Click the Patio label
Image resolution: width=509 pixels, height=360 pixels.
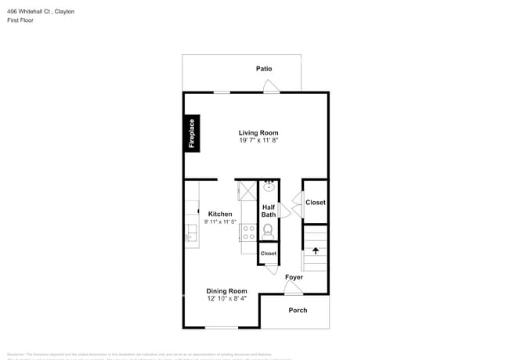pyautogui.click(x=265, y=69)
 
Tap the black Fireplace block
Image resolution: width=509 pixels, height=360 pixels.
pyautogui.click(x=190, y=132)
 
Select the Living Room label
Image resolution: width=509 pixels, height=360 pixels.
pyautogui.click(x=258, y=133)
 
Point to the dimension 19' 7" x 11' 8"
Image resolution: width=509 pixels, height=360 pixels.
pyautogui.click(x=258, y=141)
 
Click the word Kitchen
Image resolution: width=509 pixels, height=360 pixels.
pyautogui.click(x=220, y=214)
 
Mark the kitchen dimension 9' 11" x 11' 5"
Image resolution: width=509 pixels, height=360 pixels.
pyautogui.click(x=220, y=222)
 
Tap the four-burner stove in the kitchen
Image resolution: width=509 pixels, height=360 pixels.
pyautogui.click(x=248, y=231)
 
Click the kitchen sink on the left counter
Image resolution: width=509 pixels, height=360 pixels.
pyautogui.click(x=190, y=232)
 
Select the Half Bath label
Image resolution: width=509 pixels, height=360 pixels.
pyautogui.click(x=269, y=211)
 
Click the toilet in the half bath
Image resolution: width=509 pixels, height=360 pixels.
pyautogui.click(x=269, y=230)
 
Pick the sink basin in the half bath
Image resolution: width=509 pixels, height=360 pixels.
pyautogui.click(x=269, y=186)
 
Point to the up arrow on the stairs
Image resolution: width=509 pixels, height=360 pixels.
pyautogui.click(x=316, y=251)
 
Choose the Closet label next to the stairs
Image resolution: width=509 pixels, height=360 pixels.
pyautogui.click(x=316, y=203)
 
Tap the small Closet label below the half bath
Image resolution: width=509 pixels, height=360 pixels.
pyautogui.click(x=269, y=254)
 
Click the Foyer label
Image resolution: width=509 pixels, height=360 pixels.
pyautogui.click(x=294, y=278)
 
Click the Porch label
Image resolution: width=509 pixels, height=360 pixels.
pyautogui.click(x=298, y=311)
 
